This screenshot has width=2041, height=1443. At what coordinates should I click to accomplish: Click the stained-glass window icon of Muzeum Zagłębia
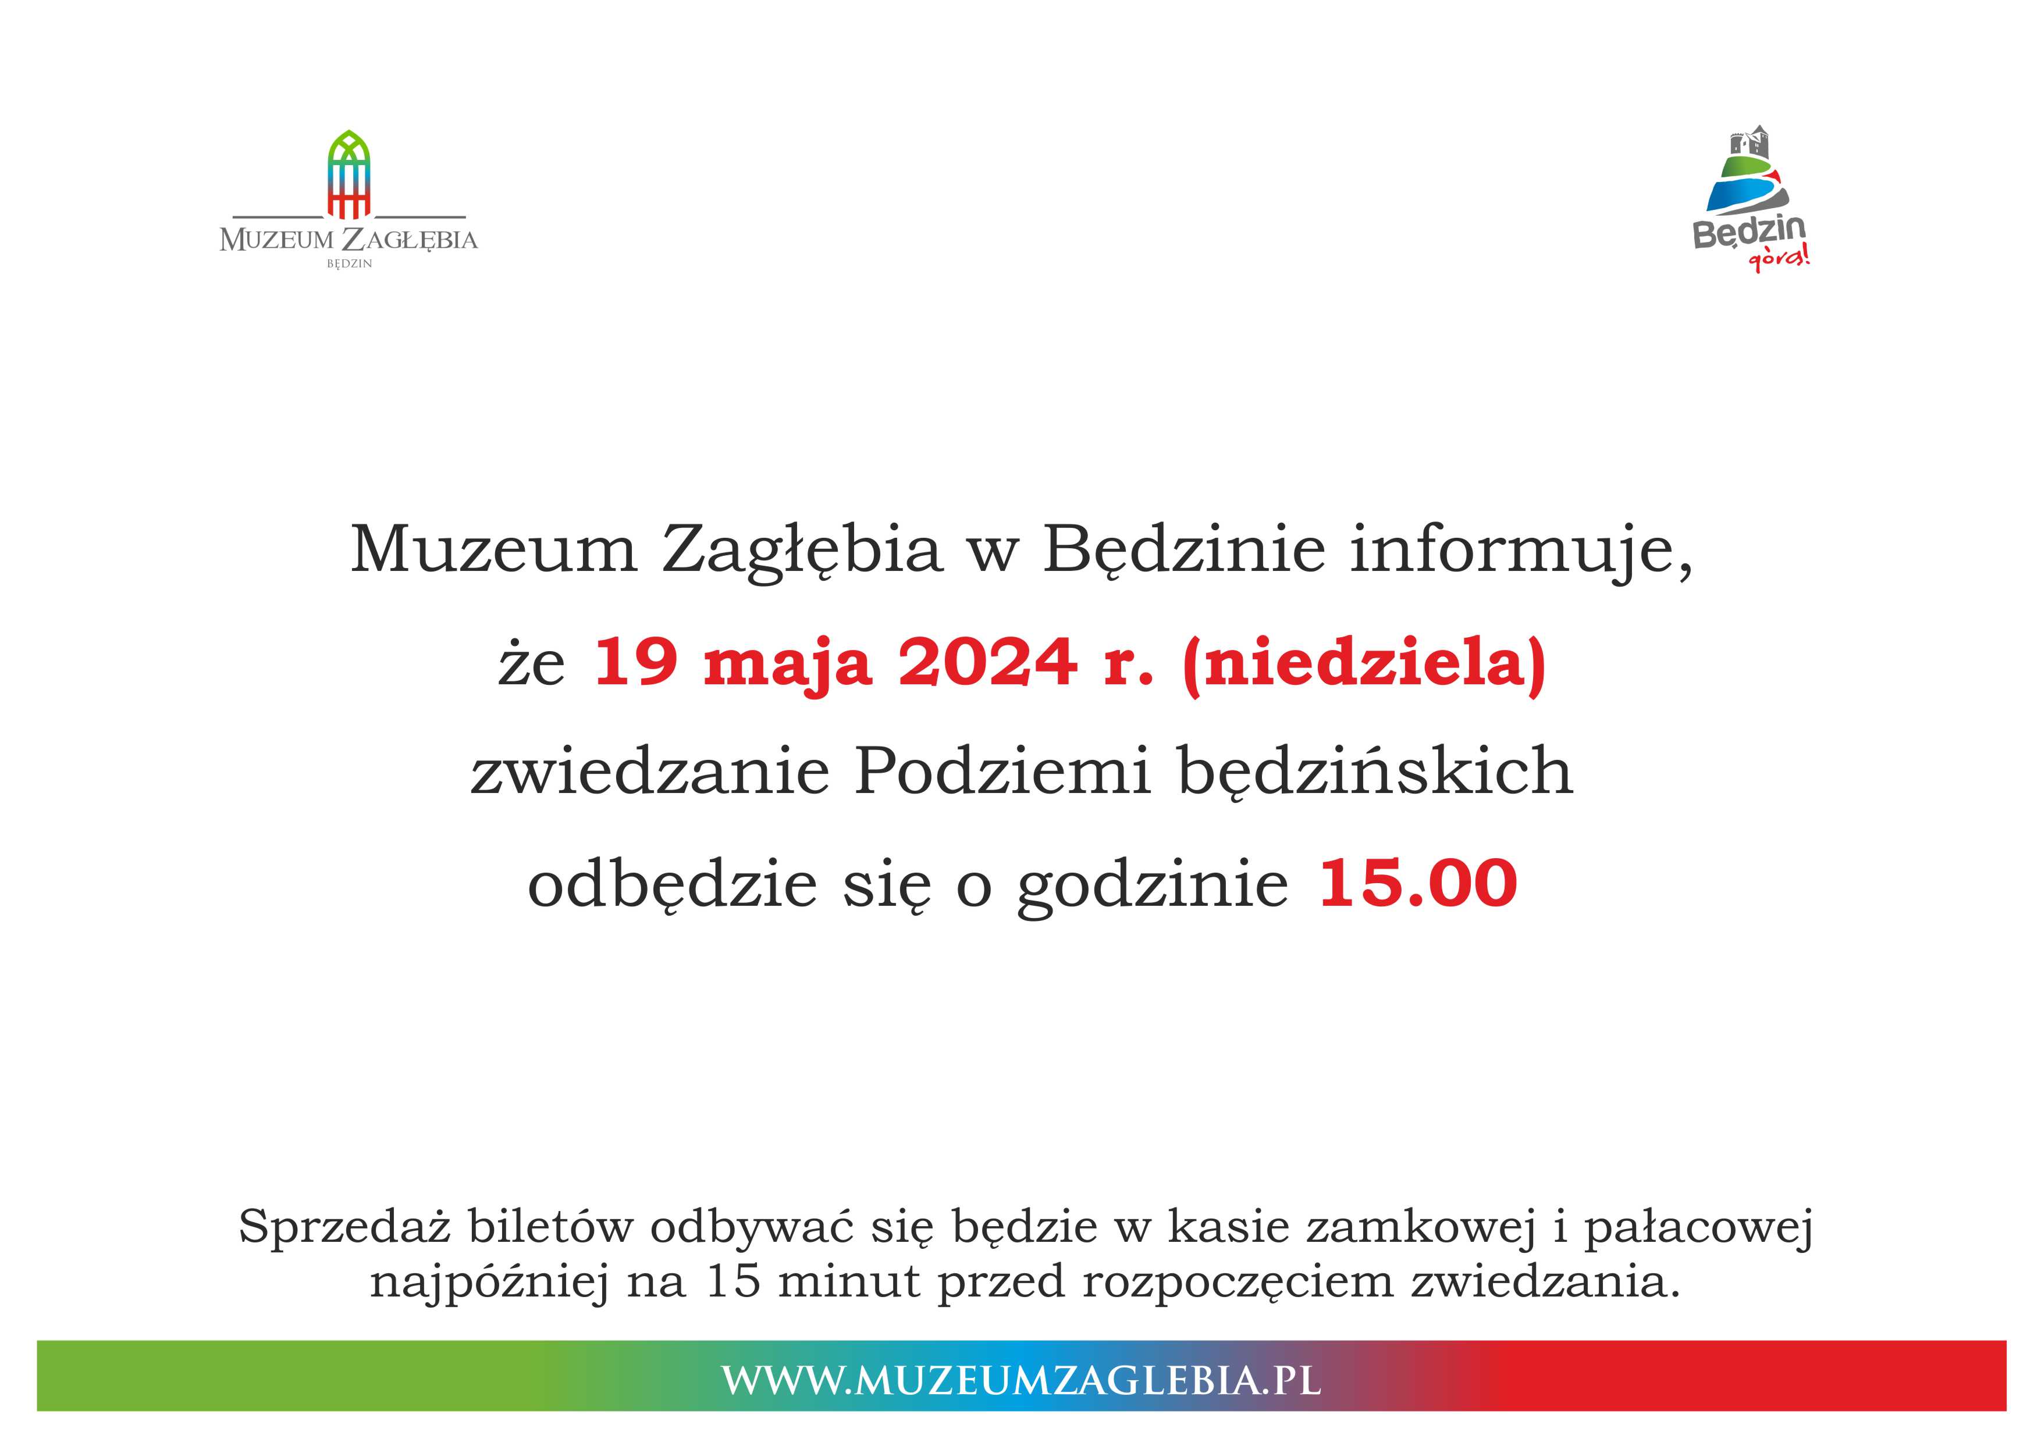point(349,174)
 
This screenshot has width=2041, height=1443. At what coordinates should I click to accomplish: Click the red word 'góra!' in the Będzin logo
point(1779,259)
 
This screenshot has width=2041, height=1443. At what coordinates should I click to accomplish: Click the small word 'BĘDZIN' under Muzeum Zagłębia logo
point(349,264)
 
